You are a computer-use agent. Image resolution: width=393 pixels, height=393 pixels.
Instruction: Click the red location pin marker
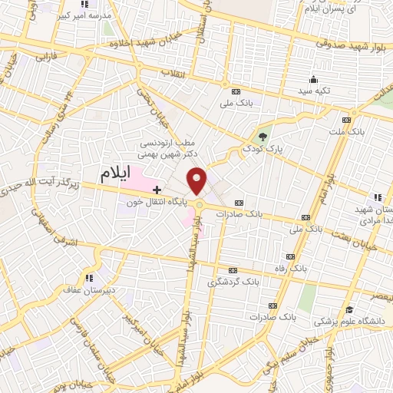[198, 180]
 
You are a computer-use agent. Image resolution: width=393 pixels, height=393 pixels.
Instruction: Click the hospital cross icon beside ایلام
[157, 189]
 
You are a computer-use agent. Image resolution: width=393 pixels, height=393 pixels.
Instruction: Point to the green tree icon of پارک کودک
[263, 137]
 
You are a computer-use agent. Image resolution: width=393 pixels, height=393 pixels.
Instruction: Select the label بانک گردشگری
[233, 282]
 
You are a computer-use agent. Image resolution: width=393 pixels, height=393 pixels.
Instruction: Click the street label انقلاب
[176, 74]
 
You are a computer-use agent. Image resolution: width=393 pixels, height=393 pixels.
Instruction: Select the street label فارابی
[49, 57]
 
